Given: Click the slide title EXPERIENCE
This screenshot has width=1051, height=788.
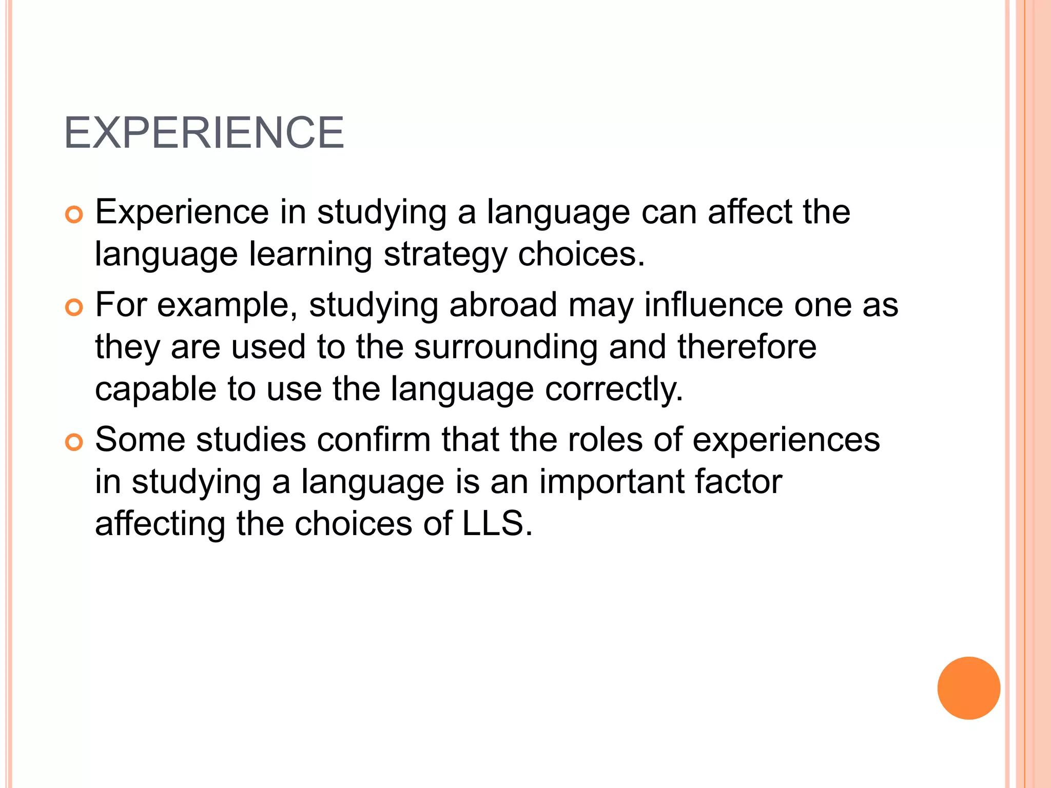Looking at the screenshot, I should coord(204,133).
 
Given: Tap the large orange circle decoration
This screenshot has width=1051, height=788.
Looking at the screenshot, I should coord(968,688).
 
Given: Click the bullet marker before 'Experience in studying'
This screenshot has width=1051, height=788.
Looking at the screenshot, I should coord(74,215).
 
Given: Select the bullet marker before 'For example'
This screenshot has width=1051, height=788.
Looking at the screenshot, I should coord(74,308).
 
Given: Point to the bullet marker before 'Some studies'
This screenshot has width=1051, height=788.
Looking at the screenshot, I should coord(74,443).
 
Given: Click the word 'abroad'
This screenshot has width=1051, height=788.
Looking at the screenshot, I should coord(503,305).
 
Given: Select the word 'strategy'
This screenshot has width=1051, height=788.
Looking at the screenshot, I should coord(445,255).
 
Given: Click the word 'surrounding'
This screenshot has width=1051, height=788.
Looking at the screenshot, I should coord(505,347).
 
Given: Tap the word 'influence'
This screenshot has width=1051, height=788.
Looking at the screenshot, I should coord(713,305).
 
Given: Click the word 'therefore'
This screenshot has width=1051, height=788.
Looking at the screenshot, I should coord(747,347).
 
